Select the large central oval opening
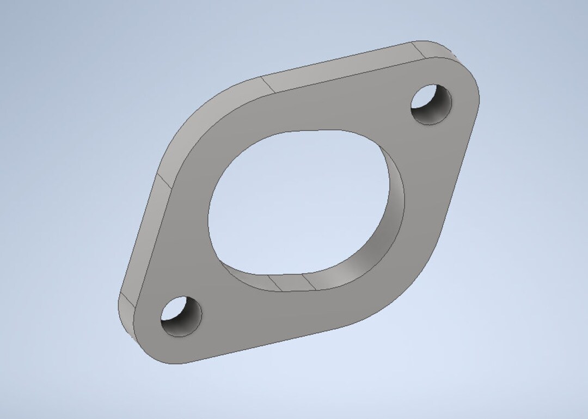click(294, 201)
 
